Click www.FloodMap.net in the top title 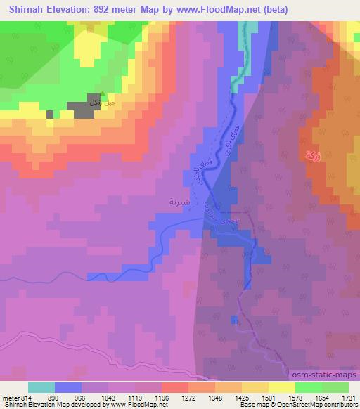click(208, 9)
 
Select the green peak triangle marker click(103, 94)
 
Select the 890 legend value click(56, 397)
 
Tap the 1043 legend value click(109, 397)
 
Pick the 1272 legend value click(189, 397)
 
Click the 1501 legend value click(269, 397)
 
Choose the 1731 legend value click(349, 397)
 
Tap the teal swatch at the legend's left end click(41, 387)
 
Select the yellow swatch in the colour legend click(282, 387)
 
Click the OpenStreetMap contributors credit click(320, 405)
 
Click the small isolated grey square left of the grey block click(49, 113)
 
